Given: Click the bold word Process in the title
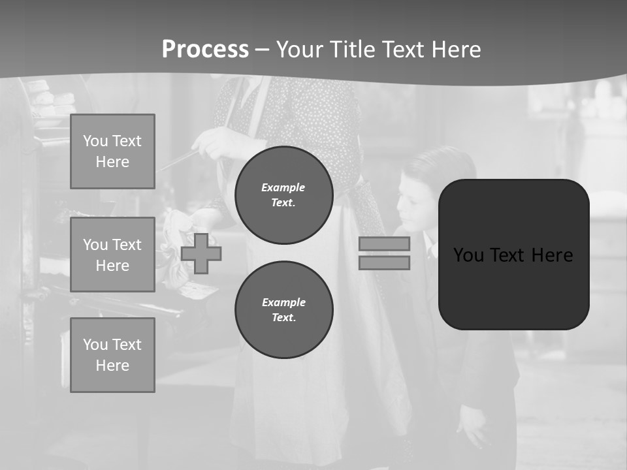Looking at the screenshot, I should click(205, 50).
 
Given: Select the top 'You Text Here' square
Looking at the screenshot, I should click(112, 151).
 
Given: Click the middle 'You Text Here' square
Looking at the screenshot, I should click(112, 255).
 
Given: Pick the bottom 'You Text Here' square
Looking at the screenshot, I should click(112, 355).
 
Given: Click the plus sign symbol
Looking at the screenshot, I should click(201, 253).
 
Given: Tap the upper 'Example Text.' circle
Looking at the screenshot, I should click(283, 195).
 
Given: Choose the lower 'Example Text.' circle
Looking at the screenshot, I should click(283, 309).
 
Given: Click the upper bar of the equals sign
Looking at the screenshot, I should click(384, 243).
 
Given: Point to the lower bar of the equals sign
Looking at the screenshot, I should click(384, 262).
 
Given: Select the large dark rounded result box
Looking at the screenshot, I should click(513, 255).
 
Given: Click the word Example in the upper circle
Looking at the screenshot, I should click(283, 187).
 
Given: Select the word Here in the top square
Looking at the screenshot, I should click(112, 162).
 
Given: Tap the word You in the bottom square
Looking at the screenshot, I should click(95, 345).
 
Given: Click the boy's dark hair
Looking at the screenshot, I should click(444, 166).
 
